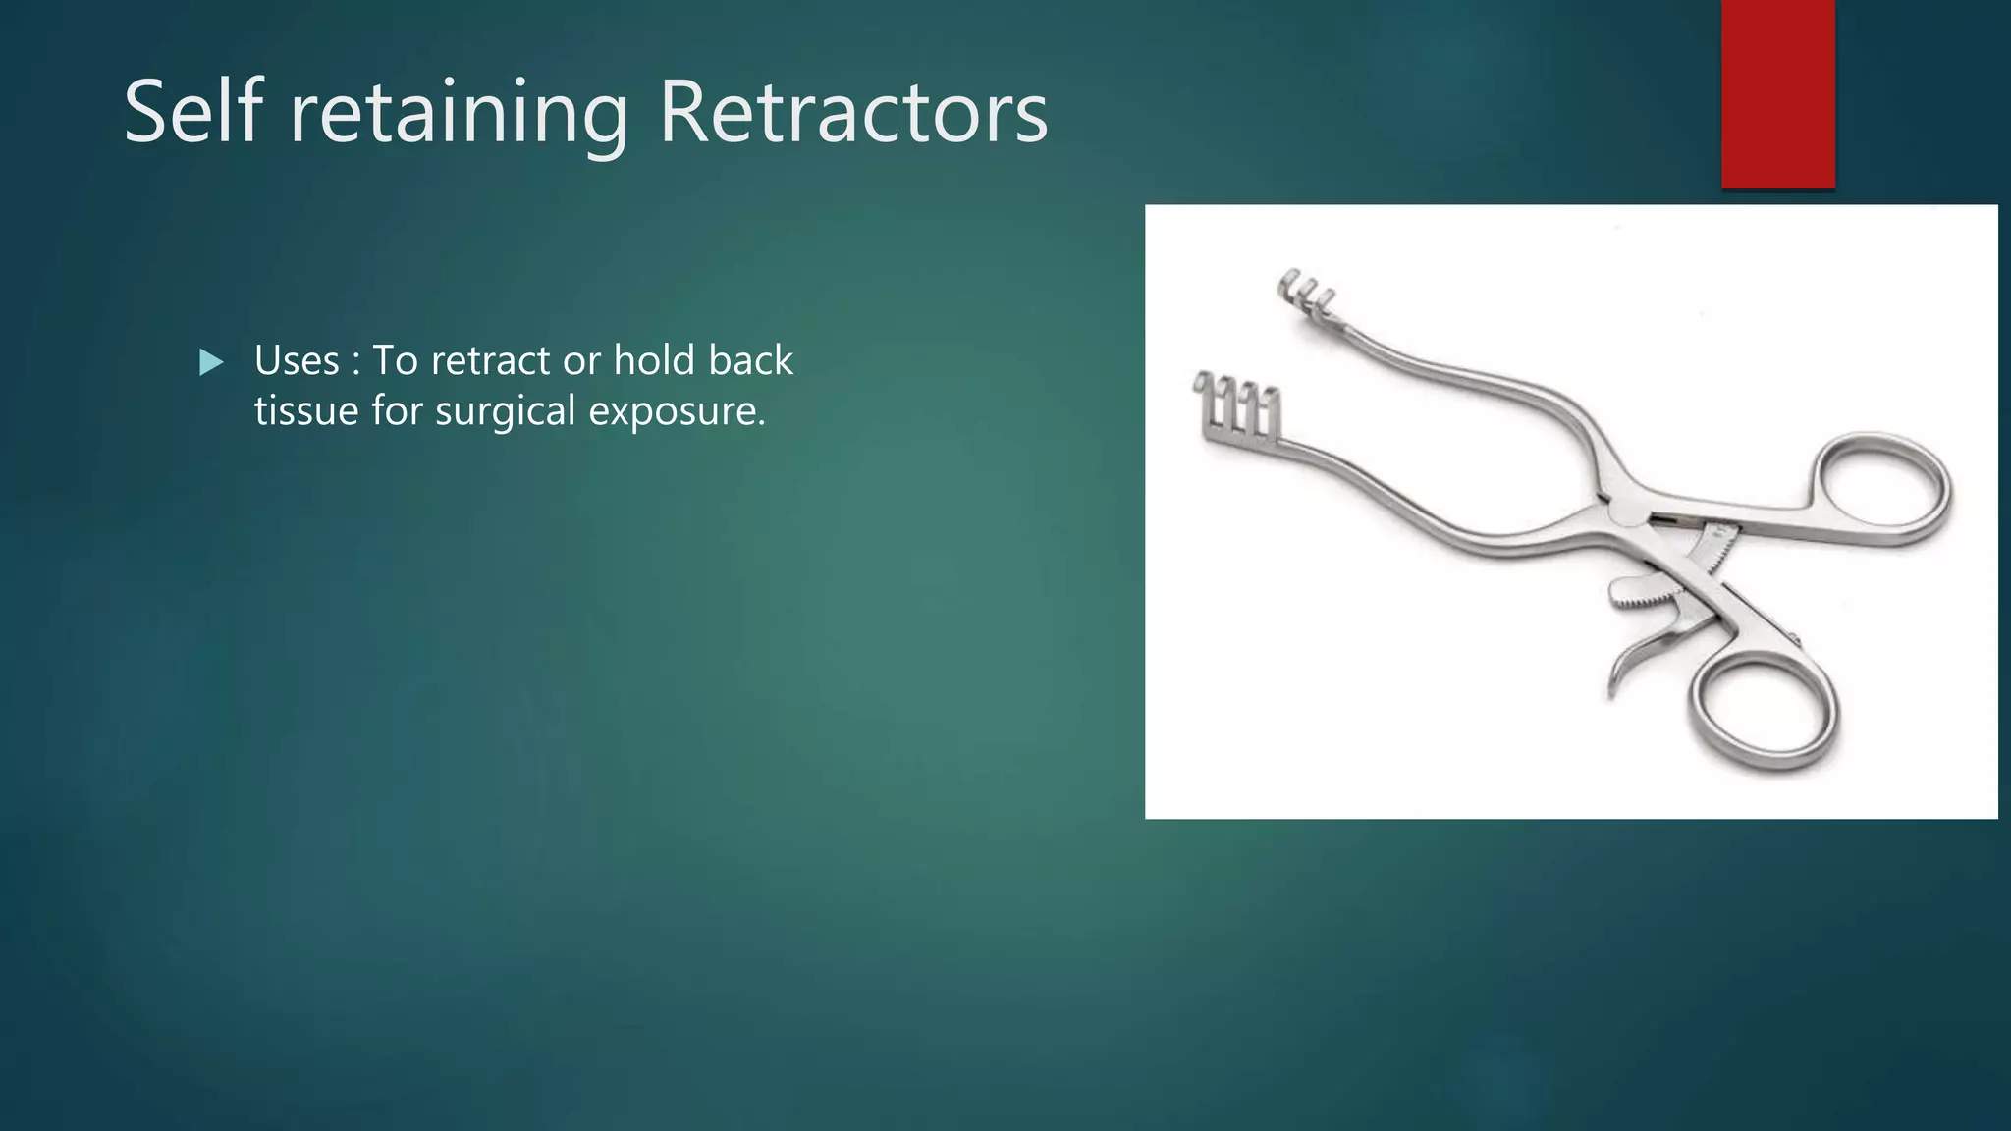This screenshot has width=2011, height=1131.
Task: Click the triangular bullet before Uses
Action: (x=210, y=363)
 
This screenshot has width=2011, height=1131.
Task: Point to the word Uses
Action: (x=297, y=360)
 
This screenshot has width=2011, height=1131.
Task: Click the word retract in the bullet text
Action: (x=490, y=361)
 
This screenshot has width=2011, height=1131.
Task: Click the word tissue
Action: (x=306, y=410)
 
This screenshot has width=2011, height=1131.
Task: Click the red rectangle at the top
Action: (x=1777, y=93)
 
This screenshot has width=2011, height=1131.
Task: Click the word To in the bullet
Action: (x=395, y=360)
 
